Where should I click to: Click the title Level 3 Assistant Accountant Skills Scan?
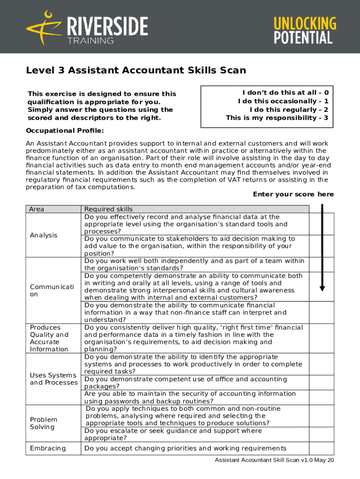136,71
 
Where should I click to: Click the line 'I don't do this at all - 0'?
285,93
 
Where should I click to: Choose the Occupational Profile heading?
65,130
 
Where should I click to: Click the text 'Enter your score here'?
293,194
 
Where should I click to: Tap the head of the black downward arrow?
322,288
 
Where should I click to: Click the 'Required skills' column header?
108,209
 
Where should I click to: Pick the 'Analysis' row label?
43,235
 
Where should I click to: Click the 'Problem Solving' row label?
43,423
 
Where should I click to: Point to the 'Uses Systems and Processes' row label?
53,379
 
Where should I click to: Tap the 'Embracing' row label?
48,449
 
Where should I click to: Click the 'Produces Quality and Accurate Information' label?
49,338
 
